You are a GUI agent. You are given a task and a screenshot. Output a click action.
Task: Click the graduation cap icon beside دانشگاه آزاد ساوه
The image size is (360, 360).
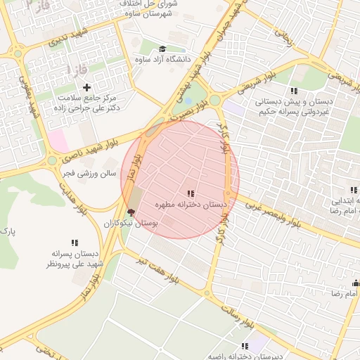click(162, 49)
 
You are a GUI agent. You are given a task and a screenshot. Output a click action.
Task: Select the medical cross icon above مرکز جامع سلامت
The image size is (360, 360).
click(86, 87)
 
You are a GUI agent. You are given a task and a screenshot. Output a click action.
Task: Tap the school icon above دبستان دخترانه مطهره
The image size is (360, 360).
click(190, 193)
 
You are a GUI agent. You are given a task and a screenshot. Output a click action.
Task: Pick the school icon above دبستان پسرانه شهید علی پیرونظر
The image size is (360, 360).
click(75, 243)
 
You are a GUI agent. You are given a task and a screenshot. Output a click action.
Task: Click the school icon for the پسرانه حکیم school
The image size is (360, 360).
click(293, 91)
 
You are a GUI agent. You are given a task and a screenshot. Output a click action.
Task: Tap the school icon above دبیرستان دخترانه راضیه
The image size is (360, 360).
click(245, 346)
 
